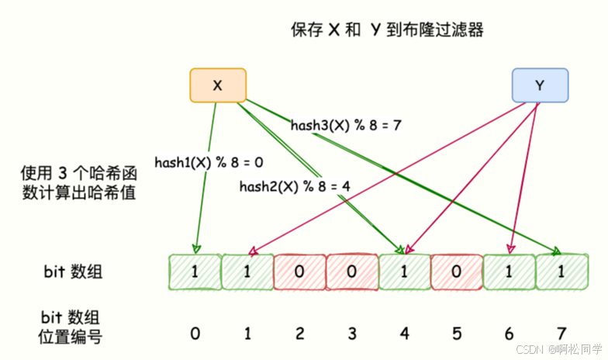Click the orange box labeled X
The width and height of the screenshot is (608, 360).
(218, 86)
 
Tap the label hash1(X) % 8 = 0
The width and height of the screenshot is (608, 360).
(209, 162)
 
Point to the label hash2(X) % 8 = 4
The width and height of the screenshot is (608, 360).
(295, 186)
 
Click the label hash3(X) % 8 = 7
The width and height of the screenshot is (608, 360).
(345, 124)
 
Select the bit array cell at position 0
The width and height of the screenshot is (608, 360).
(195, 273)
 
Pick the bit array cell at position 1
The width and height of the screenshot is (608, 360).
(247, 273)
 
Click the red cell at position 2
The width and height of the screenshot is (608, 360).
(299, 273)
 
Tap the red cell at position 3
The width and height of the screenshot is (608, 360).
(352, 273)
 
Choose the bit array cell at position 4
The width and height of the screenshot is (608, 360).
(404, 273)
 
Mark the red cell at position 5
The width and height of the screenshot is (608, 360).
(456, 273)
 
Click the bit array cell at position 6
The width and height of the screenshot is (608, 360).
(509, 273)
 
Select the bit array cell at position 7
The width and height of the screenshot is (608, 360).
(561, 273)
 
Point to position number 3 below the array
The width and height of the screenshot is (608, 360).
(352, 334)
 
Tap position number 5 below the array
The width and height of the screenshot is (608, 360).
(456, 334)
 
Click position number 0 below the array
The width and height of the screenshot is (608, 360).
(195, 334)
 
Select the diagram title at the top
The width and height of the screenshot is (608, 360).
(388, 30)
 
